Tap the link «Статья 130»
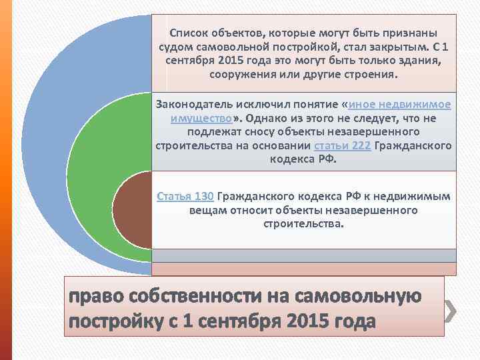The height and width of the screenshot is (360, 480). click(185, 196)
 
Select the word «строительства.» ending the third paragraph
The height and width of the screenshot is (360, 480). click(304, 224)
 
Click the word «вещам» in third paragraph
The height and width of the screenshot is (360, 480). click(206, 210)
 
